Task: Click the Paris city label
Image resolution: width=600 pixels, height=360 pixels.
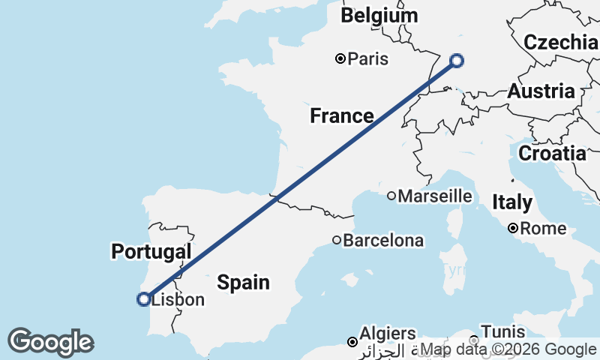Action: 368,58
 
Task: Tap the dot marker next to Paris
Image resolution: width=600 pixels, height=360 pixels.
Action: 340,58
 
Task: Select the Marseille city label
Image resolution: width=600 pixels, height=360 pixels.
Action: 435,196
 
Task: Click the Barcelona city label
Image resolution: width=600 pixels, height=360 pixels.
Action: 383,241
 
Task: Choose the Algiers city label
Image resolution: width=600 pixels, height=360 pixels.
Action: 388,333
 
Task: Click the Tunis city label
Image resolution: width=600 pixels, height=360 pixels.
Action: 497,331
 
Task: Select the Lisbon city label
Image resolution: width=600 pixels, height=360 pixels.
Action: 178,300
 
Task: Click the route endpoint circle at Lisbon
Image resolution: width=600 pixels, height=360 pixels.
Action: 143,299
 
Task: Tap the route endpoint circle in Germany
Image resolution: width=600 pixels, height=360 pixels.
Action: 456,61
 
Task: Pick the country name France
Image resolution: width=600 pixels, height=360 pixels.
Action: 342,115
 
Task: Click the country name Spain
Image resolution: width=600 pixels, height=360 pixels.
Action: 243,282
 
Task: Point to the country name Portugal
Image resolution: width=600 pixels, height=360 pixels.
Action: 151,251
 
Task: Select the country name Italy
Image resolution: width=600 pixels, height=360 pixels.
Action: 512,202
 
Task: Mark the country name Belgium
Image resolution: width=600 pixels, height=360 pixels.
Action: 379,16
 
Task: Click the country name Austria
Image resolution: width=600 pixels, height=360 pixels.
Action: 541,91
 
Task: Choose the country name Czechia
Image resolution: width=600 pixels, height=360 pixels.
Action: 560,42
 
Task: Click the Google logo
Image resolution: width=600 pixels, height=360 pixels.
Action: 50,342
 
